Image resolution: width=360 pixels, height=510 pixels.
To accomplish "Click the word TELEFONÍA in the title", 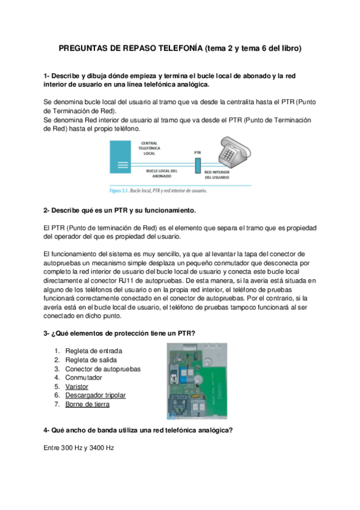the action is [x=180, y=49].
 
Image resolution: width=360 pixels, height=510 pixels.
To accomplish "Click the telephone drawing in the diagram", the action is [x=234, y=152].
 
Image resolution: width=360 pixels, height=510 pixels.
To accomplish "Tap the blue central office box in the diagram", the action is [x=120, y=157].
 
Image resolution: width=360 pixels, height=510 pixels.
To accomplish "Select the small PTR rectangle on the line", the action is [x=198, y=165].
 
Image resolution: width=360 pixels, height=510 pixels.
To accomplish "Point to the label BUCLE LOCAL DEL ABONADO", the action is [x=162, y=173].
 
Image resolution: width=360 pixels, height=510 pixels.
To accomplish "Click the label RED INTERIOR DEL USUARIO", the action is [x=217, y=174].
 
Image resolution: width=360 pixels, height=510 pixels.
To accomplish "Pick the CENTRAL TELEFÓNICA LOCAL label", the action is [x=149, y=149].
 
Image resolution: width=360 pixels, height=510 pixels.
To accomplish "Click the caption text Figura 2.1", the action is [x=119, y=191].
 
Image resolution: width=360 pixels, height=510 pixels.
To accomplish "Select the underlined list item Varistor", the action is [x=77, y=387].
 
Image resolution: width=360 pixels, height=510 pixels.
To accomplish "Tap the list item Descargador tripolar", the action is [x=96, y=395].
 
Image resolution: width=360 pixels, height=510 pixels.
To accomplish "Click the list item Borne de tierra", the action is [x=87, y=404].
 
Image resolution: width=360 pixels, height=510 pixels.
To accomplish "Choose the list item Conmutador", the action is [x=84, y=378].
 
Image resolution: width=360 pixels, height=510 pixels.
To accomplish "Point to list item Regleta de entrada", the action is [x=94, y=351].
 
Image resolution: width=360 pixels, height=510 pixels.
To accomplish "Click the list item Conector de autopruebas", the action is [x=103, y=369].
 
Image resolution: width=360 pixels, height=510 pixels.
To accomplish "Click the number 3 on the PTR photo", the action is [x=179, y=411].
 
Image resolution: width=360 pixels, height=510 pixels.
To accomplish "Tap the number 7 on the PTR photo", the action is [x=188, y=357].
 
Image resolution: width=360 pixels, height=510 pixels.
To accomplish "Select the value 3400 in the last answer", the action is [x=96, y=448].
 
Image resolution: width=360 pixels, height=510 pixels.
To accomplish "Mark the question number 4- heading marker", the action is [x=46, y=431].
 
